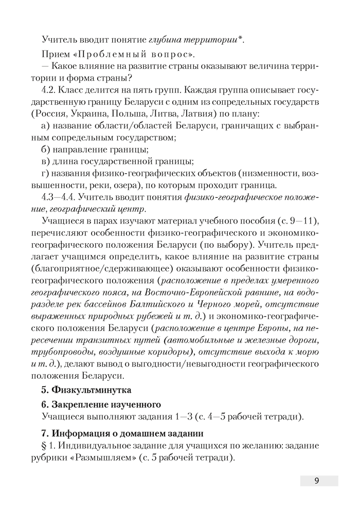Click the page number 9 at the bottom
317,481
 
